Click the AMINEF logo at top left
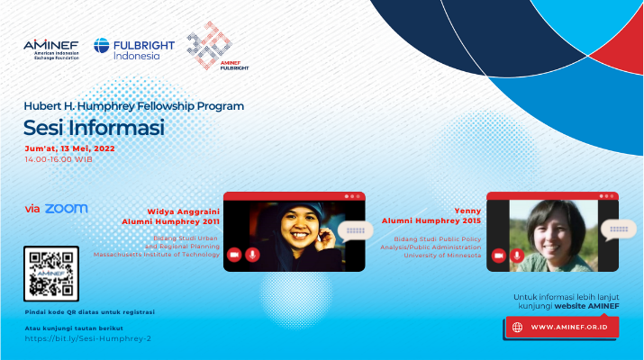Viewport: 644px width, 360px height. point(51,49)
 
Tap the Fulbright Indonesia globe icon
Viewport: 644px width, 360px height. point(102,46)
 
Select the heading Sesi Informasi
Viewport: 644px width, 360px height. point(94,127)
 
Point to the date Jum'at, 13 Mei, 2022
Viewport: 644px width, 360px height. point(70,148)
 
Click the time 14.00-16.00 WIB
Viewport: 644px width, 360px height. point(59,159)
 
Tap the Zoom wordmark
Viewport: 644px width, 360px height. point(66,209)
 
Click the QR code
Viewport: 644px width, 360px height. point(51,274)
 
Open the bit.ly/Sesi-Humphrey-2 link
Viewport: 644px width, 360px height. point(88,338)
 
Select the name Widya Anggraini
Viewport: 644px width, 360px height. point(183,211)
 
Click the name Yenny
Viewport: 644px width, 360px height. point(467,211)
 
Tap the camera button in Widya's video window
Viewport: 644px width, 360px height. point(234,255)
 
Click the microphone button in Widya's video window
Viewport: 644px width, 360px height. point(252,255)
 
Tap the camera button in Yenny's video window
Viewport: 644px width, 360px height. point(499,256)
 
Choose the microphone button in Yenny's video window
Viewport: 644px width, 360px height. point(517,256)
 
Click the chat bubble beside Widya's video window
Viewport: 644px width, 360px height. point(355,231)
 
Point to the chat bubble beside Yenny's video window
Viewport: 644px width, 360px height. point(619,229)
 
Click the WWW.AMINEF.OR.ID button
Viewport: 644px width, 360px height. point(562,328)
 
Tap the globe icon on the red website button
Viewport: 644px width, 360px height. point(517,328)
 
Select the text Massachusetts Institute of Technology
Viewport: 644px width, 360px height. point(157,255)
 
